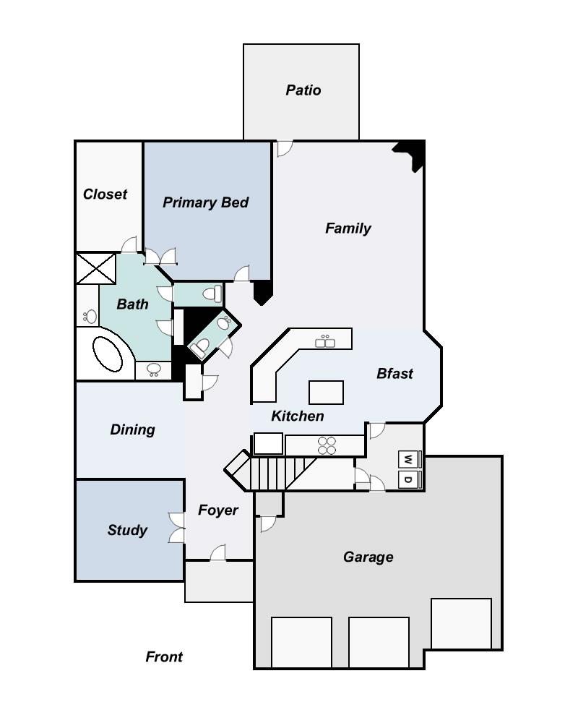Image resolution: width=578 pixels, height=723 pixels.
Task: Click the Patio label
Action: (303, 90)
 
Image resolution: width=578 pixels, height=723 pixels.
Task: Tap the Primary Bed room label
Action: (205, 202)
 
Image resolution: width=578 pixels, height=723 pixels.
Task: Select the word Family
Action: (348, 228)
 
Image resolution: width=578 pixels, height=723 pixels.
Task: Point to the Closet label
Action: (105, 194)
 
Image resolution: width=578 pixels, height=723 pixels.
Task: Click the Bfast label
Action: (394, 374)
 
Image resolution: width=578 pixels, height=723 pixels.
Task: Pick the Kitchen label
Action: (297, 416)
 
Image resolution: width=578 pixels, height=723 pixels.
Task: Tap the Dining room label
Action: (132, 429)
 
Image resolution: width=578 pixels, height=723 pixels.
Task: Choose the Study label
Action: (127, 530)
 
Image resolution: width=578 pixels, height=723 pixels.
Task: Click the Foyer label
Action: (217, 510)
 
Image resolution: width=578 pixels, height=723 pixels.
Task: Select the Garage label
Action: (368, 557)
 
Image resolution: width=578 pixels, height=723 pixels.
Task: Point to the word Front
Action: (164, 656)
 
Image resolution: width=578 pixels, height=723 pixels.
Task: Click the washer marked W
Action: (409, 459)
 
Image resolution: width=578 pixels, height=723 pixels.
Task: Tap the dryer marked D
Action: (409, 480)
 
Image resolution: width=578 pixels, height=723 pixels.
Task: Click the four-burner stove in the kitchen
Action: (327, 445)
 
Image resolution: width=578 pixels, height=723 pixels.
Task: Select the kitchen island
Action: (326, 392)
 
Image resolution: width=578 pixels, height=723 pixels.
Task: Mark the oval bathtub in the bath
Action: (111, 355)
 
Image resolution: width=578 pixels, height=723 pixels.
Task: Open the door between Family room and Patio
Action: (284, 148)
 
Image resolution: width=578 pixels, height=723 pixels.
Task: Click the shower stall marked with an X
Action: (96, 269)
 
